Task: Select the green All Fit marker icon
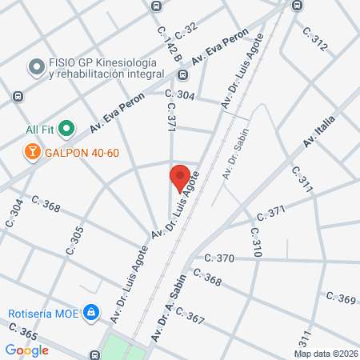67,128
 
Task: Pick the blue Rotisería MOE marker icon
92,312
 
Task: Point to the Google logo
27,350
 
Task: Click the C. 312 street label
314,40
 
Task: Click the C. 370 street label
219,258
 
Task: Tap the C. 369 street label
340,298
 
